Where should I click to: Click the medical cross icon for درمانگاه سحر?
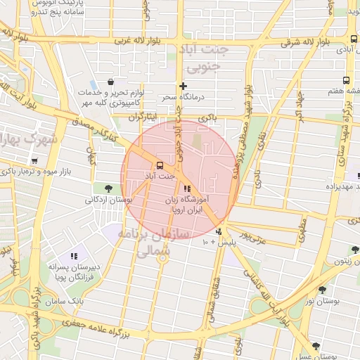tap(183, 86)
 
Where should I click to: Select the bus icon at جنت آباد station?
tap(160, 166)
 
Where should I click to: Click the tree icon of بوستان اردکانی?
tap(108, 188)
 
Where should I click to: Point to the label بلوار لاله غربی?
tap(105, 40)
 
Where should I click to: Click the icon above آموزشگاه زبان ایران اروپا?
tap(186, 188)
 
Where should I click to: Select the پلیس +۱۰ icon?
tap(220, 231)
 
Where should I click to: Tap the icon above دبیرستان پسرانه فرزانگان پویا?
tap(74, 256)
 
